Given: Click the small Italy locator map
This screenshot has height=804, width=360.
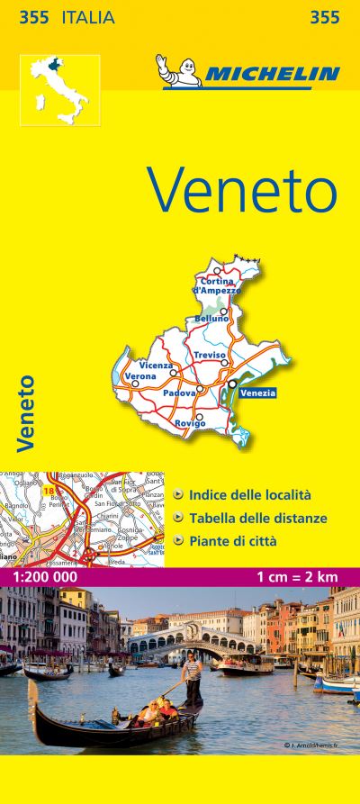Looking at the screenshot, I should tap(60, 91).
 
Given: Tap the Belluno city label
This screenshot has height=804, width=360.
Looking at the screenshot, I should tap(212, 319).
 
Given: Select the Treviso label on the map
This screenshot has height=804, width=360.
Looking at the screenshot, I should tap(209, 356).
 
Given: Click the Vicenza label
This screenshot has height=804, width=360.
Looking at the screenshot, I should tap(157, 365).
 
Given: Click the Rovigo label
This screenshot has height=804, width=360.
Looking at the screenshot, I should tap(191, 423).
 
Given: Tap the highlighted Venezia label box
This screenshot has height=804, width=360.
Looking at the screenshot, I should tap(257, 392).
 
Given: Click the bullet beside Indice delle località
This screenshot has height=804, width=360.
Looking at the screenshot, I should tap(180, 494).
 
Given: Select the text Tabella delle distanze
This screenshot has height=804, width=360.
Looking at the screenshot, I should tap(257, 519).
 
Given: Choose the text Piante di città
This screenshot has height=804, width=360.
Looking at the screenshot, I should tap(233, 542).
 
